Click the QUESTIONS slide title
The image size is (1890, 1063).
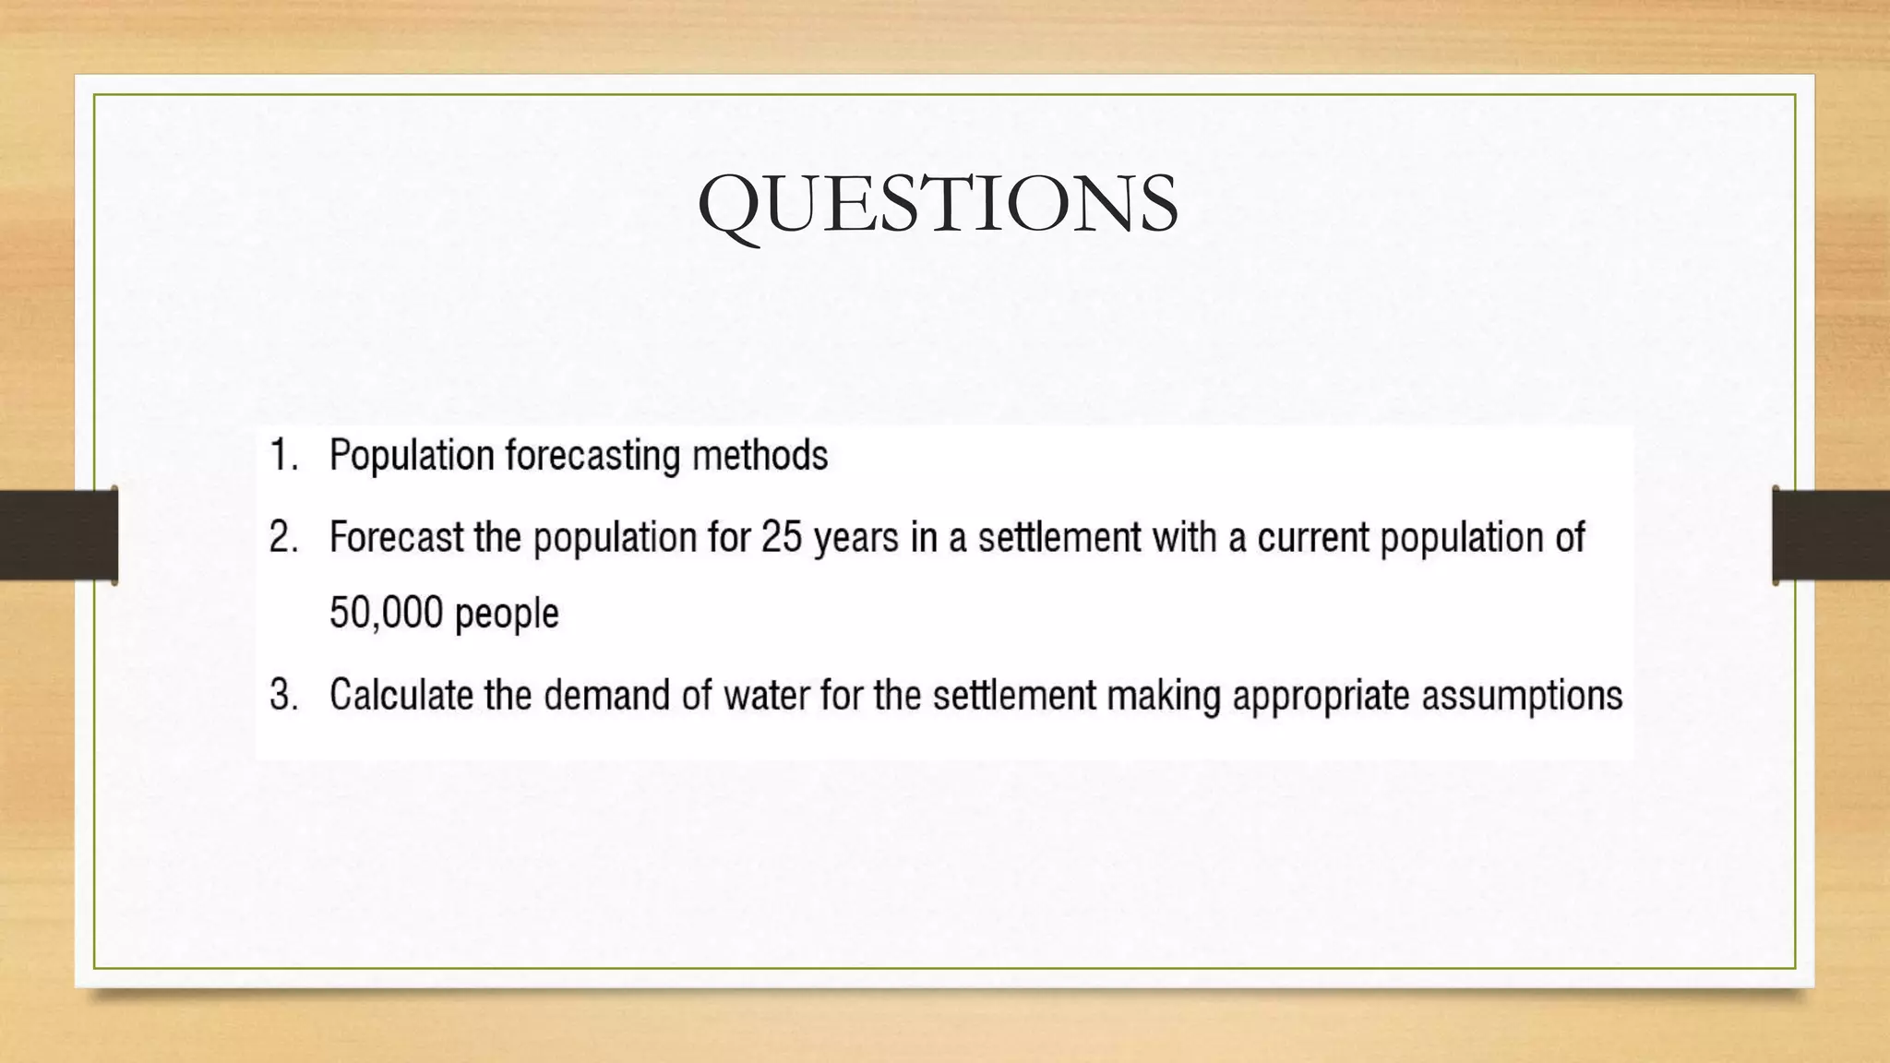pyautogui.click(x=938, y=204)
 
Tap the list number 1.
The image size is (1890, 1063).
pyautogui.click(x=283, y=455)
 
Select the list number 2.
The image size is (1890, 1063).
pyautogui.click(x=283, y=537)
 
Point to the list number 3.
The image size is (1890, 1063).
pyautogui.click(x=283, y=695)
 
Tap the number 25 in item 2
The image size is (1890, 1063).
pyautogui.click(x=782, y=537)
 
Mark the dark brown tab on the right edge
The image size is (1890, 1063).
pyautogui.click(x=1831, y=535)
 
